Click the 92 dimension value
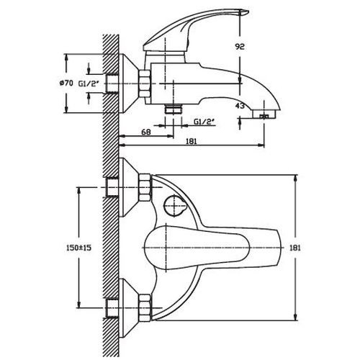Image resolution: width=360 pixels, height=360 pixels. (x=239, y=46)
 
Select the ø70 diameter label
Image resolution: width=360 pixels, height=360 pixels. (x=66, y=83)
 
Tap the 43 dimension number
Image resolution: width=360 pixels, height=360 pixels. (x=240, y=106)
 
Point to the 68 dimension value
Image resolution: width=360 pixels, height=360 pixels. (x=146, y=132)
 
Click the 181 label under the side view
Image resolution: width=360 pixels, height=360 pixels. (x=191, y=141)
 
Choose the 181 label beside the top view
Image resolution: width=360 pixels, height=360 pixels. (x=295, y=248)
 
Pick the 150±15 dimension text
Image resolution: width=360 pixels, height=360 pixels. (x=79, y=248)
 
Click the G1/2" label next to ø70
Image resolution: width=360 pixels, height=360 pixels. (x=89, y=84)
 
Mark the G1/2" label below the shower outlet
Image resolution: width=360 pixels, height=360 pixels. (x=204, y=122)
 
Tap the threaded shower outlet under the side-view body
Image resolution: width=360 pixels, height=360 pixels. (x=174, y=109)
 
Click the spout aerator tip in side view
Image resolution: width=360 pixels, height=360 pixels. (x=264, y=114)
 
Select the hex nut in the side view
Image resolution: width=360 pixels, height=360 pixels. (x=145, y=84)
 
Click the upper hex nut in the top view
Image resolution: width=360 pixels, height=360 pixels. (x=145, y=188)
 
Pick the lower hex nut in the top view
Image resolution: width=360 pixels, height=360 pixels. (x=145, y=307)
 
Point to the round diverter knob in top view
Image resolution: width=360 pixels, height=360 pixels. (x=174, y=206)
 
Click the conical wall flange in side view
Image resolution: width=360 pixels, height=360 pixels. (x=129, y=84)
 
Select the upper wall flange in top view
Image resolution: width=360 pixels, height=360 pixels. (x=129, y=187)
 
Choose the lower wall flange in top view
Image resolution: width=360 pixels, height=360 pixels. (x=129, y=308)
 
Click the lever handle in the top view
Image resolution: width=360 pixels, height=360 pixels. (x=212, y=248)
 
